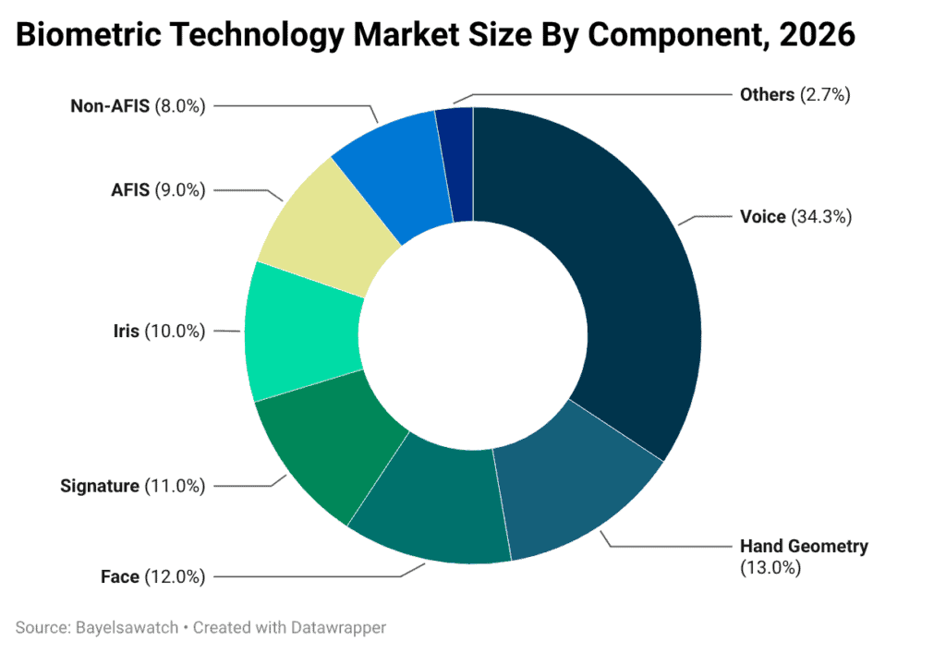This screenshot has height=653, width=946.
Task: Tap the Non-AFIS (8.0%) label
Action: point(138,105)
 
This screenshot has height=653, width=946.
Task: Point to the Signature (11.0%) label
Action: point(132,486)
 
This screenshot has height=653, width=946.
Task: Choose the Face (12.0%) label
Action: point(152,577)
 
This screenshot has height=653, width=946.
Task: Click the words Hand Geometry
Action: point(804,546)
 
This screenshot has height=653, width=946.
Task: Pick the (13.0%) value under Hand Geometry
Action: point(770,568)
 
